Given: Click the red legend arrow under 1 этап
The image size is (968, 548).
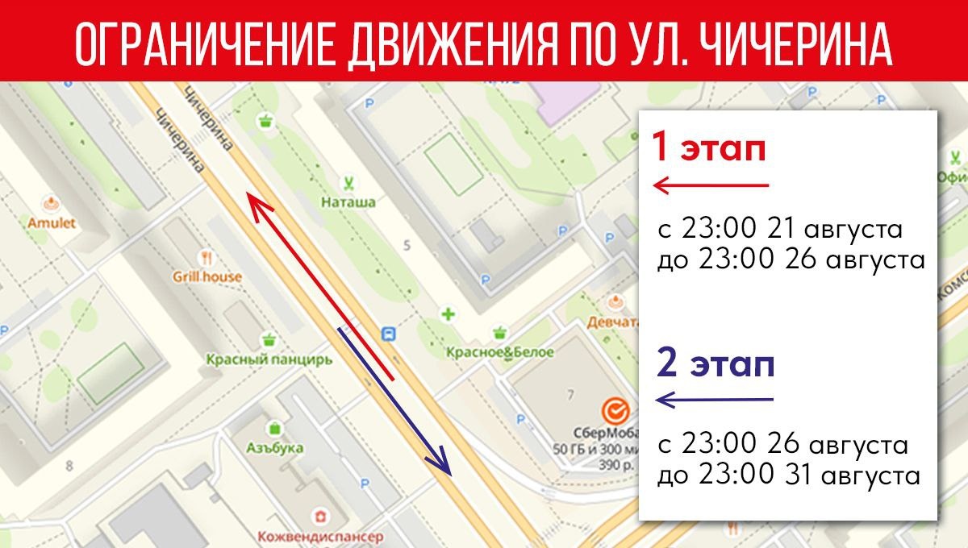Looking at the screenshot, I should [711, 187].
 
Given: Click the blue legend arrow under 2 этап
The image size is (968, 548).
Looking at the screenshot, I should [715, 399].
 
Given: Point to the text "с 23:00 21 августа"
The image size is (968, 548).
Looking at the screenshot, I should [779, 229].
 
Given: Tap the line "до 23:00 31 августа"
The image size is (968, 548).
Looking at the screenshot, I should [788, 475].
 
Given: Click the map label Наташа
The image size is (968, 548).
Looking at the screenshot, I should [348, 202].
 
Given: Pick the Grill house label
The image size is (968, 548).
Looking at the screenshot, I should [207, 276].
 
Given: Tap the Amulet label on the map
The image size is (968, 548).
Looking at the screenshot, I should [51, 222].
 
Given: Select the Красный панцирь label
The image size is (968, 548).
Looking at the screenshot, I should [269, 359].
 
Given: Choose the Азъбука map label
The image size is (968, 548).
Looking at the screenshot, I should [276, 447].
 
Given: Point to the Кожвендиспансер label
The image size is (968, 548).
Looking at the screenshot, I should [320, 536].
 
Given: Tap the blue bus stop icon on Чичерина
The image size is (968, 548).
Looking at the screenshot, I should [390, 334].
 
